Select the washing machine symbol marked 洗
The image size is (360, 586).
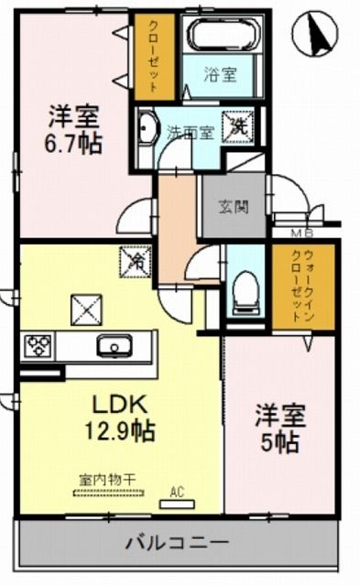[240, 127]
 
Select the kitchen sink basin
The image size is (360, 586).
[115, 346]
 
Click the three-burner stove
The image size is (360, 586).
[38, 346]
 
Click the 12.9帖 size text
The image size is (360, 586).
[120, 429]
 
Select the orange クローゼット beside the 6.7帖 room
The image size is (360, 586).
[152, 57]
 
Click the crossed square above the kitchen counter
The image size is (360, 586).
[88, 309]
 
